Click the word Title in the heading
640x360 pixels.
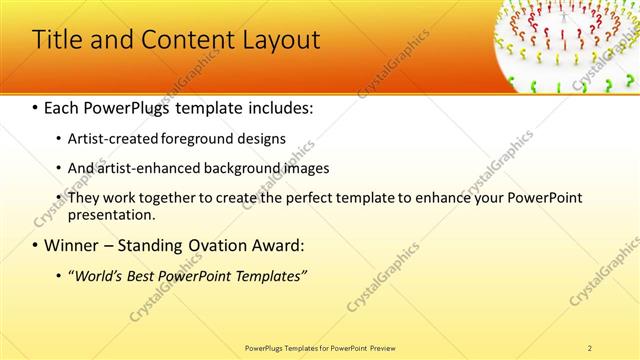click(58, 41)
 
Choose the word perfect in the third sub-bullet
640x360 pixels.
click(286, 198)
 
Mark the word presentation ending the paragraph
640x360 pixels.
click(111, 215)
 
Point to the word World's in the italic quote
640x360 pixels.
click(97, 275)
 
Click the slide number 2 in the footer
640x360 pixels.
click(590, 347)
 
